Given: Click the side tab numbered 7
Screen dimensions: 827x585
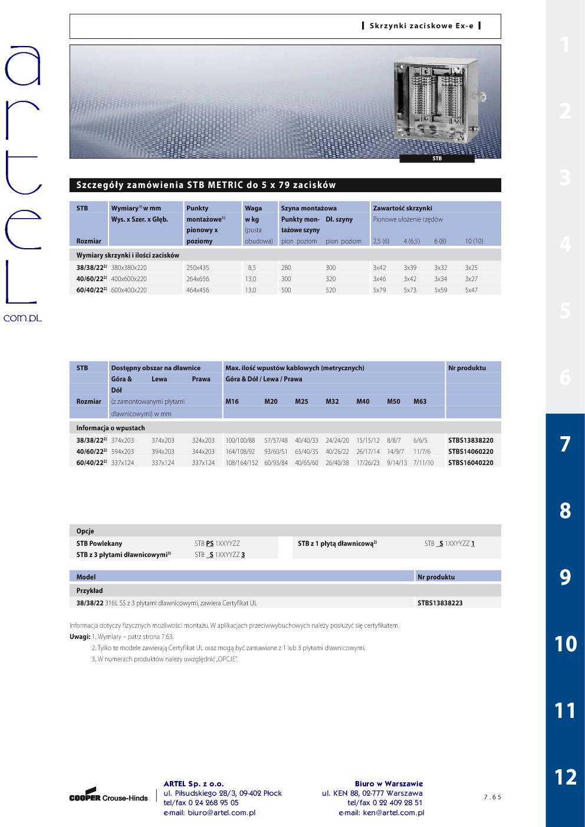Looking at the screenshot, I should (565, 444).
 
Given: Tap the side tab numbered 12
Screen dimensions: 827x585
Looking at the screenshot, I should (565, 777).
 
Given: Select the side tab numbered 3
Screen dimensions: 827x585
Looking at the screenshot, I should (565, 177).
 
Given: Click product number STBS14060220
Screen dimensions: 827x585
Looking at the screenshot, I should (471, 452).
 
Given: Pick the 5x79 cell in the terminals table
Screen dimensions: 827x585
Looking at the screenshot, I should (379, 290).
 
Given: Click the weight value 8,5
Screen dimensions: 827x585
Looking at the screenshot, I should (252, 268).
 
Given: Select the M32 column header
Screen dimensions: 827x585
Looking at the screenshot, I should (332, 401).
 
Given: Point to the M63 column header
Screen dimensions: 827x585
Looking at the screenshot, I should (419, 401).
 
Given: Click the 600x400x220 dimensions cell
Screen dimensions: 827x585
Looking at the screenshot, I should (129, 290).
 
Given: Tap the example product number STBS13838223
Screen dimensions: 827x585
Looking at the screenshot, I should (440, 603).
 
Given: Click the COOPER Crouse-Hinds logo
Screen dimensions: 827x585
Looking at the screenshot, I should (109, 795).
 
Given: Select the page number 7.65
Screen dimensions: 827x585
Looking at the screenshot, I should (492, 797).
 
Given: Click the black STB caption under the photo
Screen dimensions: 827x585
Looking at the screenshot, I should (437, 159).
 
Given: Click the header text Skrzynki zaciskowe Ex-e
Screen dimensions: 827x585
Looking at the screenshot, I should (421, 26).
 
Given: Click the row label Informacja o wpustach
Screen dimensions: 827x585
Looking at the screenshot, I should (110, 428).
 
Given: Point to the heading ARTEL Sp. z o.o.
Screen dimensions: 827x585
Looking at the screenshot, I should (193, 783).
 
